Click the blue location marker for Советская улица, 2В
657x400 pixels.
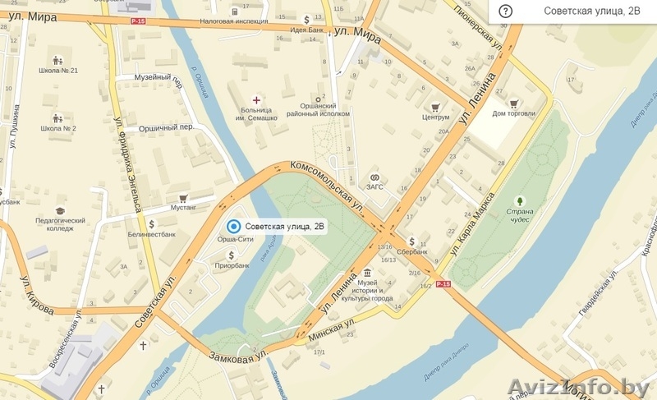click(x=233, y=227)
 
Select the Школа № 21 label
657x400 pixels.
click(x=58, y=71)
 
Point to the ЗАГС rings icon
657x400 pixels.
click(x=374, y=177)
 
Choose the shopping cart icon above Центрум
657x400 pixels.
click(x=435, y=106)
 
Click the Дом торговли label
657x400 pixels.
click(x=513, y=113)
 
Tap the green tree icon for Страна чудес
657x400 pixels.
click(x=519, y=200)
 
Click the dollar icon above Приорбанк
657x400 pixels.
click(x=232, y=255)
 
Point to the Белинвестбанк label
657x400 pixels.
click(x=151, y=235)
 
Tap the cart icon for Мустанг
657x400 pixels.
click(x=183, y=198)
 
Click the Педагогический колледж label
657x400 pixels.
click(x=60, y=225)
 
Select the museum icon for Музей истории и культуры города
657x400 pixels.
click(x=366, y=273)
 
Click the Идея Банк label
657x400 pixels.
click(x=306, y=30)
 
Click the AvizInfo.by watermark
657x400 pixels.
click(x=578, y=385)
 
